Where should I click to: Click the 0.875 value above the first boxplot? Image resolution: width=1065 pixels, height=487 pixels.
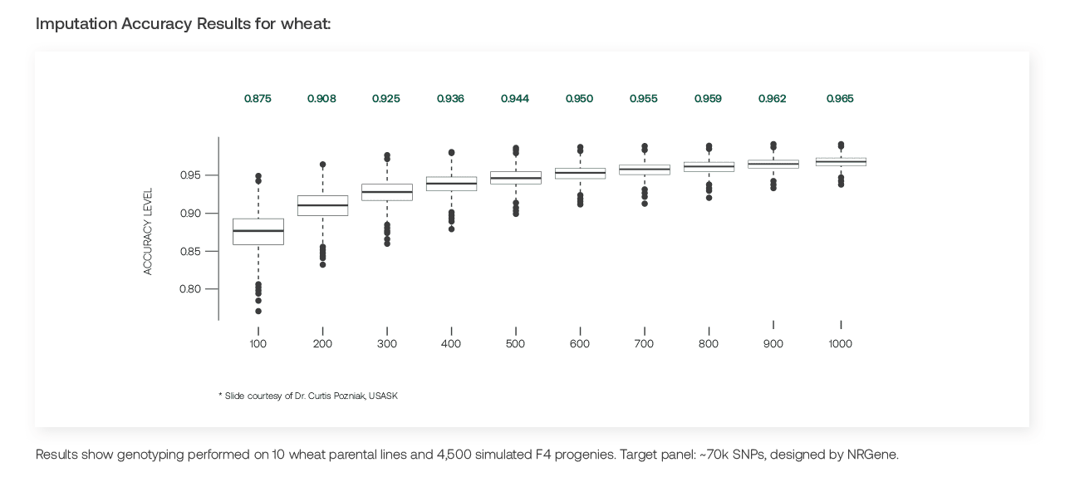coord(258,98)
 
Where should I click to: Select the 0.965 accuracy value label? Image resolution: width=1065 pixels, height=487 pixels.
coord(840,98)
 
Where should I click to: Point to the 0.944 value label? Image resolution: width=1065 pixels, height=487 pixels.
coord(515,98)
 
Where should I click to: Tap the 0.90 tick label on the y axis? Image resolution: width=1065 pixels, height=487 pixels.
coord(190,213)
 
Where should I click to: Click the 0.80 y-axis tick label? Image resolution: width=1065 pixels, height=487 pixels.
coord(190,288)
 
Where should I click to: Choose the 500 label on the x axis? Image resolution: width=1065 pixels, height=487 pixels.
coord(515,343)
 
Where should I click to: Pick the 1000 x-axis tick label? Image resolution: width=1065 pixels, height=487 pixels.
coord(840,343)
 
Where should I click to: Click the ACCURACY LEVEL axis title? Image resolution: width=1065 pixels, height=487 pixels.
coord(148,231)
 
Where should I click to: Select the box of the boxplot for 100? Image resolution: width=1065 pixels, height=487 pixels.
coord(258,232)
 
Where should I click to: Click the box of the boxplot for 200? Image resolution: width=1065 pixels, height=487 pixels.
coord(323,205)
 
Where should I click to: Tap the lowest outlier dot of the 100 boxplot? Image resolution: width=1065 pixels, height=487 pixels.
coord(258,311)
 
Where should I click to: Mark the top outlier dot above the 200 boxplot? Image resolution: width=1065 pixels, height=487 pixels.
coord(323,165)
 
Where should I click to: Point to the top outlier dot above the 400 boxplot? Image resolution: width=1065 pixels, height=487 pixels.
coord(452,153)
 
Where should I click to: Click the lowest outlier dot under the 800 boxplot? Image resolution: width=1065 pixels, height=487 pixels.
coord(709,198)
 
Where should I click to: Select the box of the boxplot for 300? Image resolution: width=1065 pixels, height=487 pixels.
coord(387,192)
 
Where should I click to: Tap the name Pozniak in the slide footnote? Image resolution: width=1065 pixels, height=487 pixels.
coord(350,396)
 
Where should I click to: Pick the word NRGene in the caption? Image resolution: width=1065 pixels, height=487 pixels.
coord(872,455)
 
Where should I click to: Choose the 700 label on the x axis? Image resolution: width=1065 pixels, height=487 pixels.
coord(644,343)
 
